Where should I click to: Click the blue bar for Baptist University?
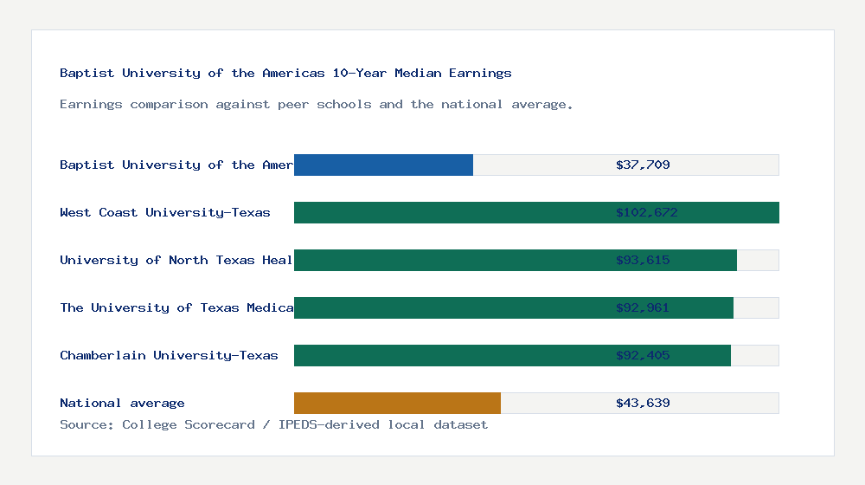383,165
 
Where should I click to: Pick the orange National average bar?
397,403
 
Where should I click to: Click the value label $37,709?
643,165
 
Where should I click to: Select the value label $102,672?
646,212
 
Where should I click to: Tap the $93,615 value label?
643,260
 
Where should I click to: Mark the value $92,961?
643,307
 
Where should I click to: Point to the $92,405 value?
643,355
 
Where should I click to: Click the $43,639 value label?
643,403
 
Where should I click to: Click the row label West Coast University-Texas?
165,212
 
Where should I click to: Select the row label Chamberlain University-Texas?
169,355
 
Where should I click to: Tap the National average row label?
122,403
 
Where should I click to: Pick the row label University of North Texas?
176,260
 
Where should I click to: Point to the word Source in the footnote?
83,424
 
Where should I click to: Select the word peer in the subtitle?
293,104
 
